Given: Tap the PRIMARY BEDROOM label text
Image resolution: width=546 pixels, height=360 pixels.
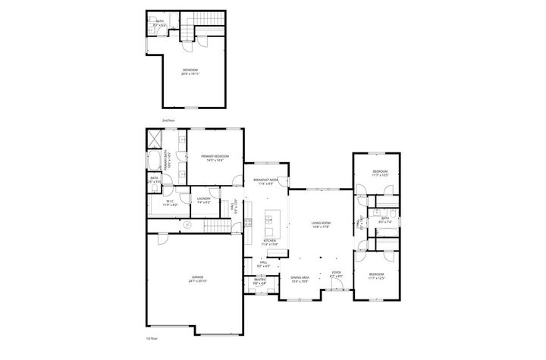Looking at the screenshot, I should point(215,155).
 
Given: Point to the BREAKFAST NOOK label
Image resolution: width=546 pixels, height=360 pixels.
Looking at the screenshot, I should point(265,180).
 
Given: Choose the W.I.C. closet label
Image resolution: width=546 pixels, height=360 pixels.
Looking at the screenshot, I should point(171,201).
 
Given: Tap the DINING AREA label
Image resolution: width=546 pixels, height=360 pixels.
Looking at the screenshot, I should point(300,277).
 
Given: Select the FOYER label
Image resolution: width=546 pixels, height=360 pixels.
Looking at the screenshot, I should point(336,273).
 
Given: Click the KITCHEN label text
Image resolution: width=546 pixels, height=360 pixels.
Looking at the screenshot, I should point(269,240).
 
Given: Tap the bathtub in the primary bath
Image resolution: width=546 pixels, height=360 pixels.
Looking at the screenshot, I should point(152,161).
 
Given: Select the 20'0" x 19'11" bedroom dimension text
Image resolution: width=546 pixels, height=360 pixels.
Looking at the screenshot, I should point(189,74).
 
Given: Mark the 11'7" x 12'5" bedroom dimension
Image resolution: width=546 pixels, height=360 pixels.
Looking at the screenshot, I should point(377,277).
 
